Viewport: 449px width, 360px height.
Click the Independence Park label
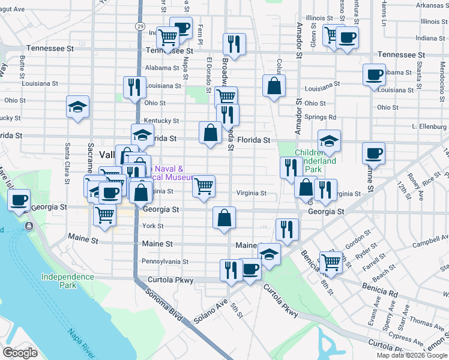[x=67, y=281]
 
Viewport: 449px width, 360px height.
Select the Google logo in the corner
[x=20, y=353]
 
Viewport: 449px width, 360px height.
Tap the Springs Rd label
[x=320, y=117]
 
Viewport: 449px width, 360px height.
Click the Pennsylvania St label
[x=164, y=262]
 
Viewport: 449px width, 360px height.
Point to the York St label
[x=153, y=226]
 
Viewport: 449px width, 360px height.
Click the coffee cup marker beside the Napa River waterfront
[x=19, y=200]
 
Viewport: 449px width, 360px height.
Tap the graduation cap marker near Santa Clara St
[x=78, y=107]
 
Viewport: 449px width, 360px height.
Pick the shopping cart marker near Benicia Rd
[x=330, y=261]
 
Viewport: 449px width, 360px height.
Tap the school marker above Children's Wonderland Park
[x=329, y=141]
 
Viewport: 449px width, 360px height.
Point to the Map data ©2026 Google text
[x=412, y=355]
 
